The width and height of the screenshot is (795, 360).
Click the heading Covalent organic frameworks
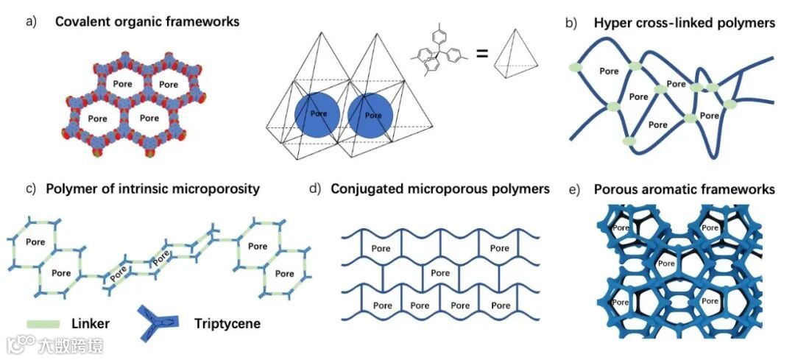tap(147, 22)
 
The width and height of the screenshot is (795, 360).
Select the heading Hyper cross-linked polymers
tap(685, 24)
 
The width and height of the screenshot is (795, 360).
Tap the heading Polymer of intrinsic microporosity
tap(152, 189)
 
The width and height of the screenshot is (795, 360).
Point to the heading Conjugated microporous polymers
tap(440, 189)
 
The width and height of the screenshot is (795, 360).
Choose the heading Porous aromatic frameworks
tap(685, 190)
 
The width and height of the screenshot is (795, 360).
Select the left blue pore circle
tap(317, 115)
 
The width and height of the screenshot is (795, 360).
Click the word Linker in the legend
tap(91, 323)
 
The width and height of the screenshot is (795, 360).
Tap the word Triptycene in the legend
tap(227, 323)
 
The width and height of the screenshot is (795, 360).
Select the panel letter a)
tap(31, 22)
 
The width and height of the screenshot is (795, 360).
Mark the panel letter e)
tap(575, 190)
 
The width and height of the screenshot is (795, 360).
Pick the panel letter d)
tap(315, 189)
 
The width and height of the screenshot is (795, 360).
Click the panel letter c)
tap(31, 189)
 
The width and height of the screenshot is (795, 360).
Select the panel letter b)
tap(570, 24)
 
